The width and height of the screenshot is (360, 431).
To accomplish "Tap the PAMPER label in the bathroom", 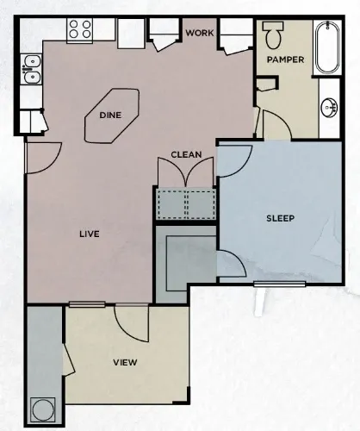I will tap(283, 60).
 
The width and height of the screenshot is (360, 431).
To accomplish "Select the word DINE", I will tap(110, 114).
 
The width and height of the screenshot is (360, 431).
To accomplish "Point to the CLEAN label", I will tap(186, 155).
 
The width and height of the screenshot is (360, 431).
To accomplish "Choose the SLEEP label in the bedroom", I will tap(279, 218).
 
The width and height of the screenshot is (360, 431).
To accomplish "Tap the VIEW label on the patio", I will tap(125, 362).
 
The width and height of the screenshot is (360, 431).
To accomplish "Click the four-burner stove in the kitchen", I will tap(80, 31).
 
